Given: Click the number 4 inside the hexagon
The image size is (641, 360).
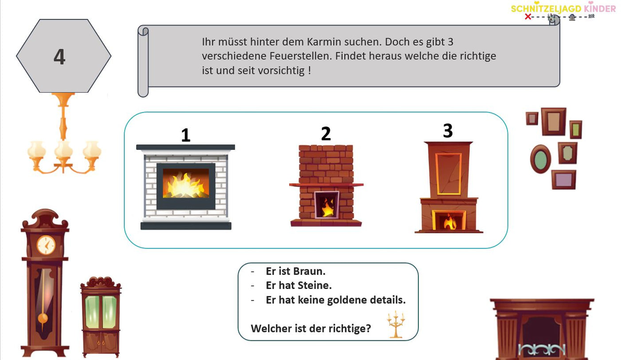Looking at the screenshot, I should (59, 57).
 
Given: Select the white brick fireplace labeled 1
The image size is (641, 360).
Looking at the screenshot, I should (185, 186).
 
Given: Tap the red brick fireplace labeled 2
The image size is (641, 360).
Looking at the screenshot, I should (326, 186).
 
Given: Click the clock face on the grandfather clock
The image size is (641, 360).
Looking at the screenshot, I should (46, 245).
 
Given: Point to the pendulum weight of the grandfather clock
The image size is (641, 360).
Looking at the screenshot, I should (43, 318).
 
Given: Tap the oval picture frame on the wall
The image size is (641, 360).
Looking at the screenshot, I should (541, 159).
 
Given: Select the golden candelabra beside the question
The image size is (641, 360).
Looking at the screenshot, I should (396, 324).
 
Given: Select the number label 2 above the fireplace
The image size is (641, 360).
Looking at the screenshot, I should (326, 134).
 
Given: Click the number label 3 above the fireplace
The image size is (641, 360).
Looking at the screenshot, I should (448, 131).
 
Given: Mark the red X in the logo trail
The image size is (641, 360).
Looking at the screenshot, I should (528, 17).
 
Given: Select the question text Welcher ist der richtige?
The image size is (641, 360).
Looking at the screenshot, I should (311, 328).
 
